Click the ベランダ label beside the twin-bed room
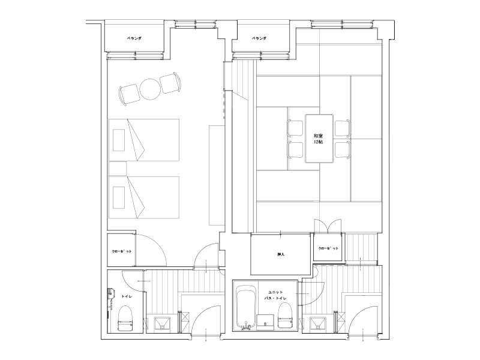(x=134, y=38)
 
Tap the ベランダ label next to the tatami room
(x=259, y=38)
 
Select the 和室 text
(x=319, y=136)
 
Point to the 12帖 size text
(x=319, y=142)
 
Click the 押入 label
(x=281, y=254)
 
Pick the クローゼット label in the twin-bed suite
(x=122, y=251)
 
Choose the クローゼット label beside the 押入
(x=328, y=248)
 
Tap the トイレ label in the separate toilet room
(x=127, y=296)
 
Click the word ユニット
(x=275, y=292)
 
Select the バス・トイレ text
(x=275, y=298)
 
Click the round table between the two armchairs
(x=150, y=89)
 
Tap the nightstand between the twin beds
(x=118, y=169)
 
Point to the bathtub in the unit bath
(x=247, y=307)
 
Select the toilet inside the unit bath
(x=284, y=316)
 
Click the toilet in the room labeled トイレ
(x=125, y=319)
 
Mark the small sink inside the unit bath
(x=265, y=322)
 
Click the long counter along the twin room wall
(x=217, y=175)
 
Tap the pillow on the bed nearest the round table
(x=119, y=140)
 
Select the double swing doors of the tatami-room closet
(x=328, y=226)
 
